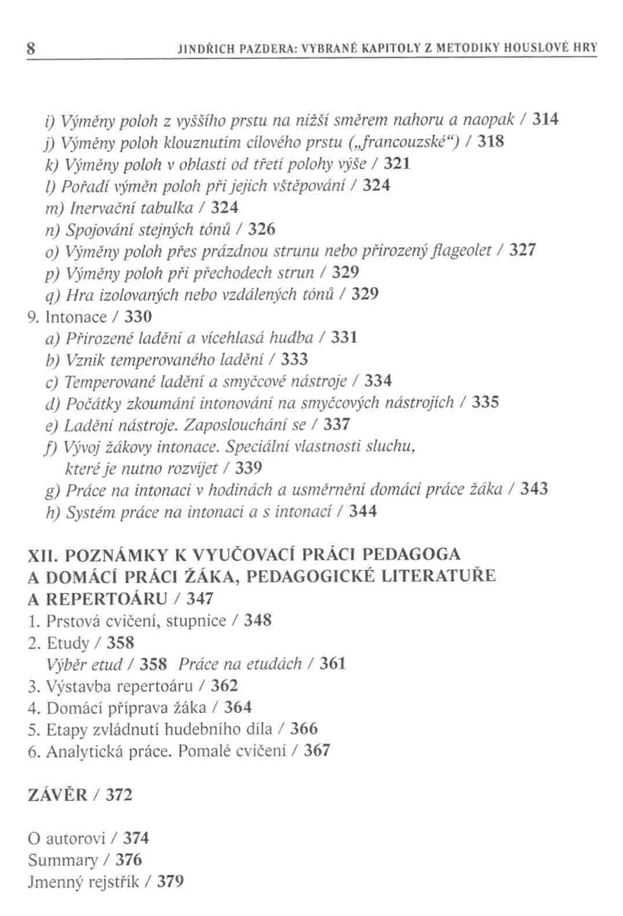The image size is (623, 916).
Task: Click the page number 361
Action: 333,663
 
